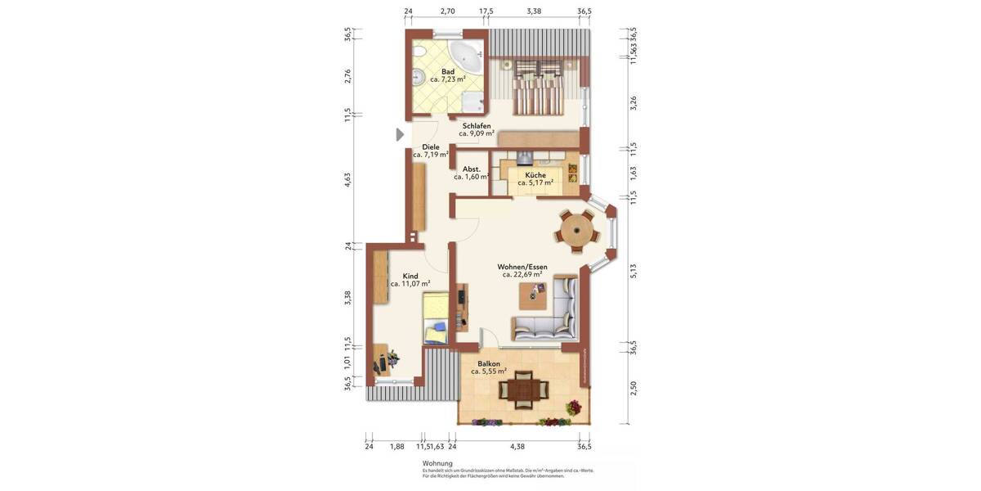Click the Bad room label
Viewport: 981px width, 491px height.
448,71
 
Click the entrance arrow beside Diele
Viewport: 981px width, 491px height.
400,134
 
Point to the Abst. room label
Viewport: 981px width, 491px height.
472,169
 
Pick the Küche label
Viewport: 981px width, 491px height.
535,174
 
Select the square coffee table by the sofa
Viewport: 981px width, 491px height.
533,296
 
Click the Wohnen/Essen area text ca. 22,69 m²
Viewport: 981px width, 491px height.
522,275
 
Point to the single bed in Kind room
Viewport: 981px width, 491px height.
436,318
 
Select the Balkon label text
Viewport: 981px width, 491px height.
489,363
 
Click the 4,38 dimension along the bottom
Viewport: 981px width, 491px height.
517,446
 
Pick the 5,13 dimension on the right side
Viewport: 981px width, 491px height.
633,270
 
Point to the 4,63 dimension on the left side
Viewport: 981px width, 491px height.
347,179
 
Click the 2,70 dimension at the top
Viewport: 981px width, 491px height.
447,11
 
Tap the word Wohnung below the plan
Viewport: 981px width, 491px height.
437,463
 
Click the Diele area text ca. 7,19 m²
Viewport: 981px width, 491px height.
431,155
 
